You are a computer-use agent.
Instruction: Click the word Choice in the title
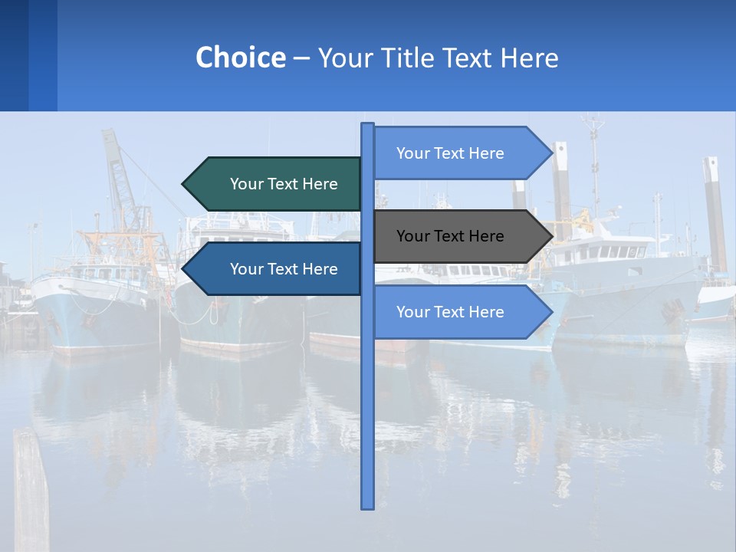[x=240, y=58]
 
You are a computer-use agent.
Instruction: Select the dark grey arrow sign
[x=460, y=236]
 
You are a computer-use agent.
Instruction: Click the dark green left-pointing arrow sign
[x=276, y=184]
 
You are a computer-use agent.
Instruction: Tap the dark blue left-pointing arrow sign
[x=276, y=269]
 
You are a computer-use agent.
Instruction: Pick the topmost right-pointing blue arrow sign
[x=460, y=153]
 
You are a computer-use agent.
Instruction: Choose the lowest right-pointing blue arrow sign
[x=460, y=312]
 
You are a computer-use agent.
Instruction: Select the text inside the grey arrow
[x=450, y=236]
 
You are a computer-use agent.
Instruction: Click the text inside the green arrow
[x=284, y=184]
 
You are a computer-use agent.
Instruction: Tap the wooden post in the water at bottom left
[x=31, y=491]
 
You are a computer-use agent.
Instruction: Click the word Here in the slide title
[x=529, y=58]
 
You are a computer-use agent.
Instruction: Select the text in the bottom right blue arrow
[x=450, y=312]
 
